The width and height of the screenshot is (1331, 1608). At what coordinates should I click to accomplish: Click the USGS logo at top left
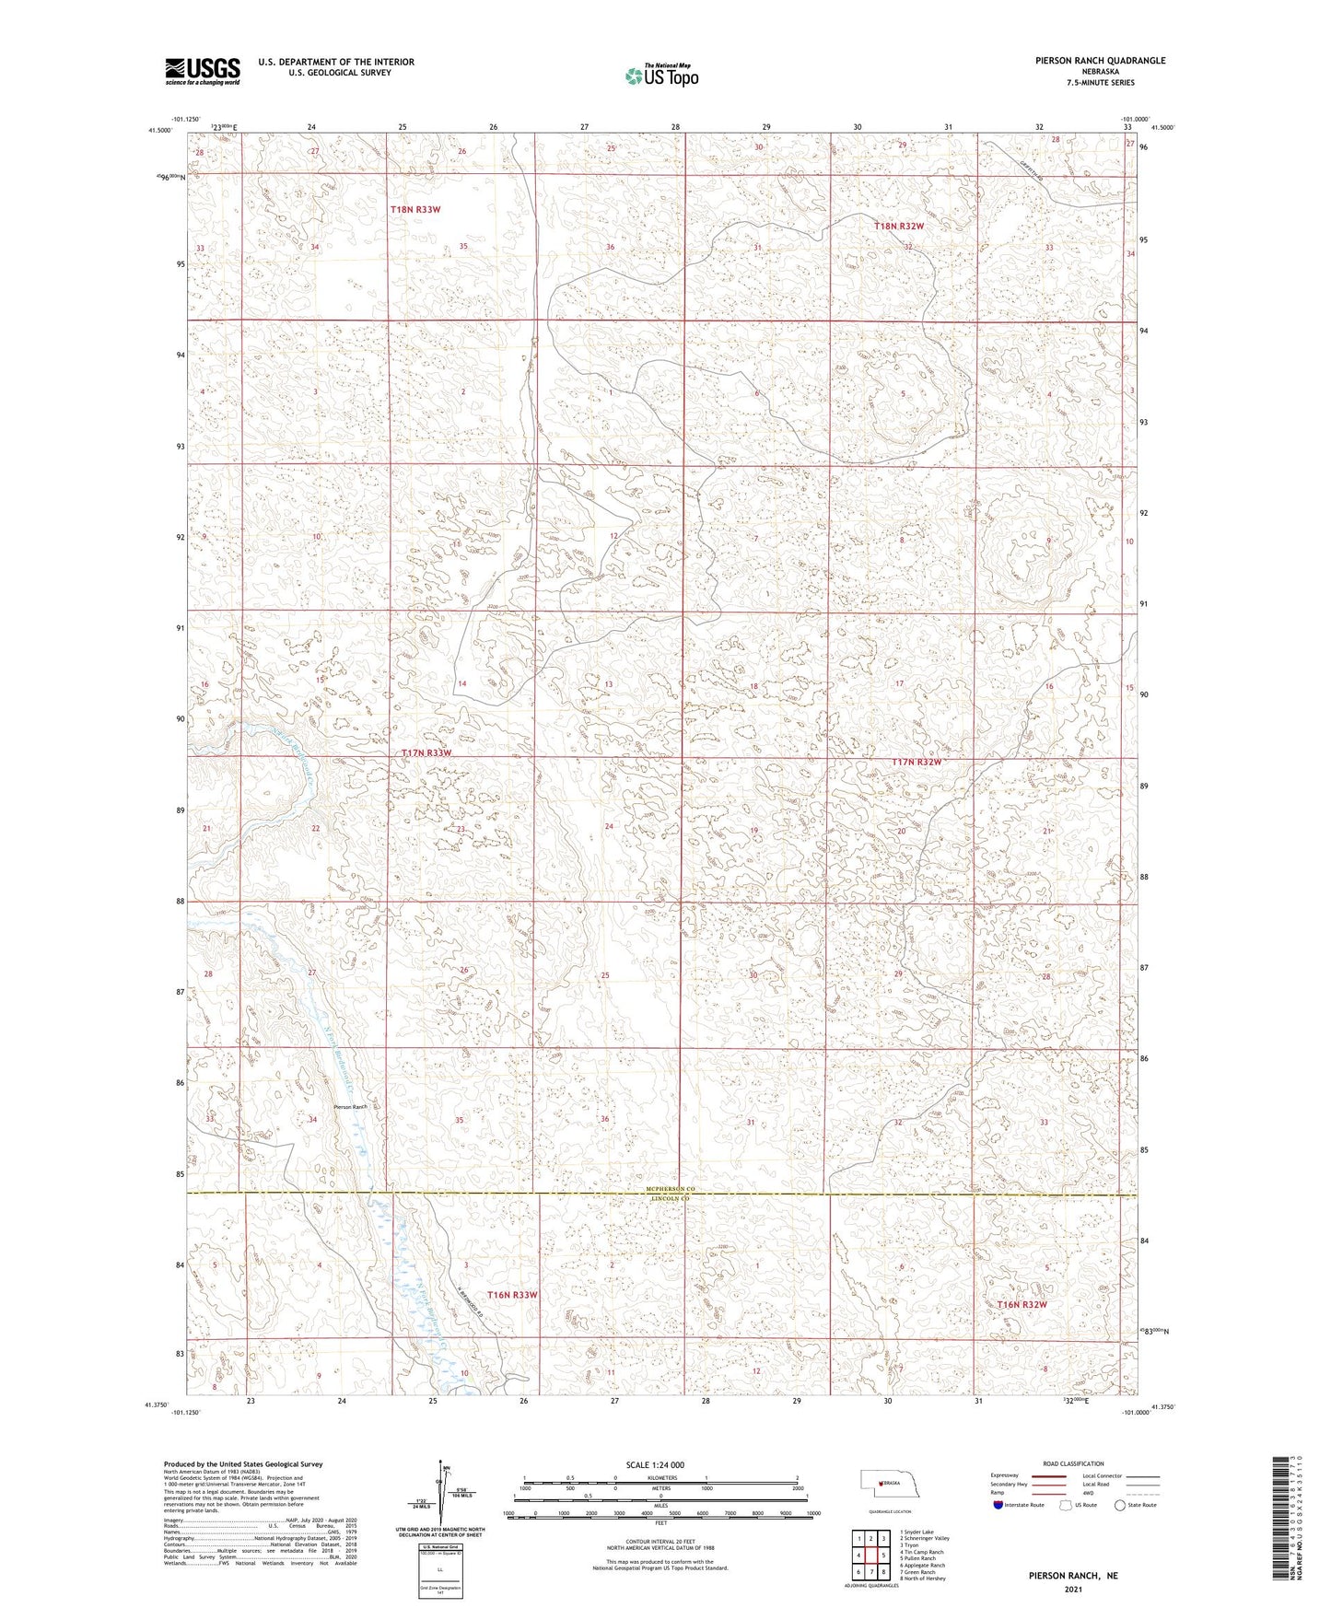pyautogui.click(x=202, y=70)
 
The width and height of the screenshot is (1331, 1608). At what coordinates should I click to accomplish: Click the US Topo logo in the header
pyautogui.click(x=660, y=76)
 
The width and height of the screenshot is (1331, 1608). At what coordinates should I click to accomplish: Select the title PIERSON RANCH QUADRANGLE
pyautogui.click(x=1086, y=61)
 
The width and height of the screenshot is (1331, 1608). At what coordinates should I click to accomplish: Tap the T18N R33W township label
pyautogui.click(x=414, y=210)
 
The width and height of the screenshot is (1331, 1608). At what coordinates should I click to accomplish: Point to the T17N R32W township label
pyautogui.click(x=917, y=762)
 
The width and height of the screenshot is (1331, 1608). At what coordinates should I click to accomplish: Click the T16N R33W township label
pyautogui.click(x=512, y=1295)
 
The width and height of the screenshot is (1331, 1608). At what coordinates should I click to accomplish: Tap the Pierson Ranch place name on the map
pyautogui.click(x=350, y=1107)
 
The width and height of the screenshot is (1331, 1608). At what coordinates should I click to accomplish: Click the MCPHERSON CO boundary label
pyautogui.click(x=671, y=1190)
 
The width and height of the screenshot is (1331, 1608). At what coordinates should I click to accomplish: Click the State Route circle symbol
pyautogui.click(x=1120, y=1505)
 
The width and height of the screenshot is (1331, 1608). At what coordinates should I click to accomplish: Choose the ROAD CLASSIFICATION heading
pyautogui.click(x=1073, y=1463)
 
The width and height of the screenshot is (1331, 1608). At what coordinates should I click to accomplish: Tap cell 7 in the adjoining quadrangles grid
pyautogui.click(x=870, y=1572)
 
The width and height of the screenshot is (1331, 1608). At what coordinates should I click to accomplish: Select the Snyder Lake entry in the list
pyautogui.click(x=918, y=1532)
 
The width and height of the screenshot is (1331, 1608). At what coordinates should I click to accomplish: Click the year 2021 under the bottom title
pyautogui.click(x=1073, y=1590)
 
